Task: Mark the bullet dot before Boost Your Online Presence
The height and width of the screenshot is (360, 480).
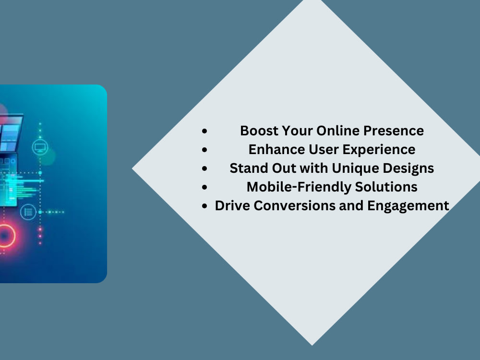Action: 205,131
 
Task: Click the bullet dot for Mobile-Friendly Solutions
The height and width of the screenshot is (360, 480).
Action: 205,187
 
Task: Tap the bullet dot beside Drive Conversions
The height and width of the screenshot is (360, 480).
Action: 205,206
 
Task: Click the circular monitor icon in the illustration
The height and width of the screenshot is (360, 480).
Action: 39,147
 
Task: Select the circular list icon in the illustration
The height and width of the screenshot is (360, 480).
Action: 28,212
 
